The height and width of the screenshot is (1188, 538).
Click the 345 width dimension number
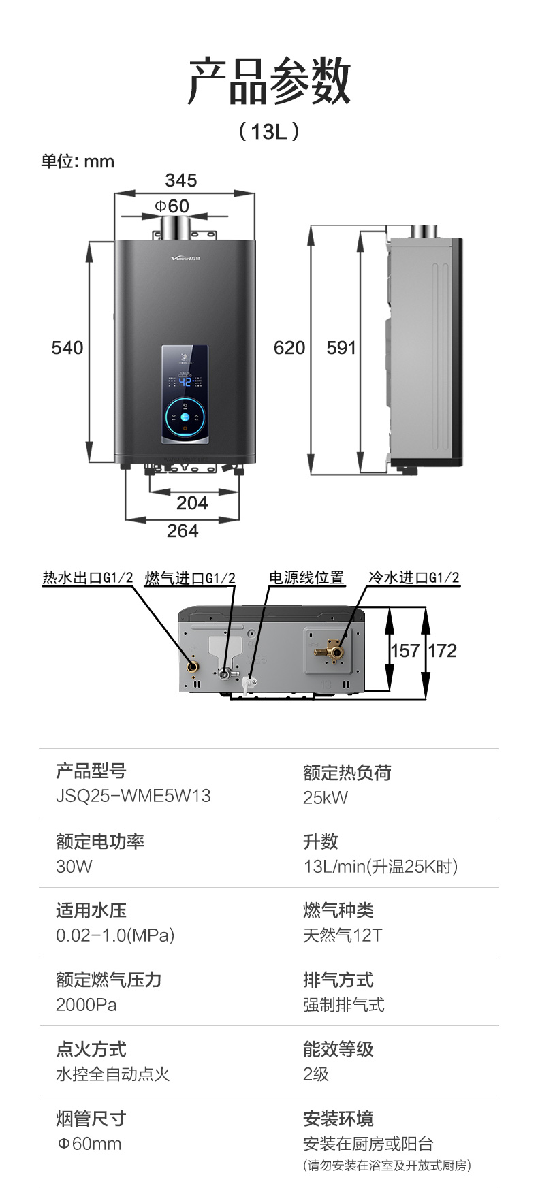pos(181,180)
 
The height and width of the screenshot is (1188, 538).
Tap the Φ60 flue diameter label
pos(172,206)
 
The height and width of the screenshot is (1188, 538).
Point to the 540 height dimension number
pos(67,348)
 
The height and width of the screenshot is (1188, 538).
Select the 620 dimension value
pos(289,348)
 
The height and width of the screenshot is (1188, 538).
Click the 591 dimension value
pos(342,348)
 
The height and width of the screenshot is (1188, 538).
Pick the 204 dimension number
pos(192,503)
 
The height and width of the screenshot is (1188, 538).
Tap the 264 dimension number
pos(183,531)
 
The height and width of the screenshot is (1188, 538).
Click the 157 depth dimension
pos(405,651)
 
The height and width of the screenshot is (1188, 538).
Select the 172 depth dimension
pos(443,651)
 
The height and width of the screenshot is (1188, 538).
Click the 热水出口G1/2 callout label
pos(88,578)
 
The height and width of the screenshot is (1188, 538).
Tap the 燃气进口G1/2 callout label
pos(190,578)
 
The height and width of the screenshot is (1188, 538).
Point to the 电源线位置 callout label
pos(306,577)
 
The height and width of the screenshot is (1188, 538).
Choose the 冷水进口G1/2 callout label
pos(414,578)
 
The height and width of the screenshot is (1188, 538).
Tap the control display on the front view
pos(185,394)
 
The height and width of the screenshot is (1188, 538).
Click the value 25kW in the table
pos(326,798)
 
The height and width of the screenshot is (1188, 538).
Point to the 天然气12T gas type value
pos(343,935)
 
